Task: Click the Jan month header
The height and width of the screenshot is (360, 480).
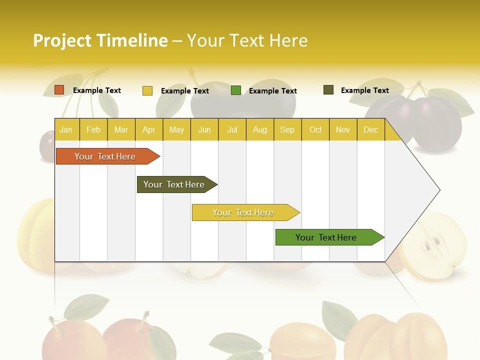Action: (66, 129)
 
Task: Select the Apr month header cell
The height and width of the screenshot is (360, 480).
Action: (148, 129)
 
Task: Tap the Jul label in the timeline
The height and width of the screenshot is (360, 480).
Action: (232, 129)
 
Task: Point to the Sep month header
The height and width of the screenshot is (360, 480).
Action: (287, 129)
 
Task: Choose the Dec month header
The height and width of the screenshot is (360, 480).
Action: (370, 129)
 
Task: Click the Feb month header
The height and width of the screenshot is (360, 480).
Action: (93, 129)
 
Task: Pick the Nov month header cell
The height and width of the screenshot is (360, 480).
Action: (342, 129)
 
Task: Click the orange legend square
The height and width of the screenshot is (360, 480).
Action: (59, 90)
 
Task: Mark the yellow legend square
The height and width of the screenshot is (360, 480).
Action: (147, 90)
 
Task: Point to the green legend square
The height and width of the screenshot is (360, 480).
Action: (236, 90)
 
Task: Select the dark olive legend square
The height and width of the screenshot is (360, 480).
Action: (328, 90)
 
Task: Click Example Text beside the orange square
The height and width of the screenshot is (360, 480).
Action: (97, 90)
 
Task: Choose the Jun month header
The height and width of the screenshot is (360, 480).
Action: (204, 129)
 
